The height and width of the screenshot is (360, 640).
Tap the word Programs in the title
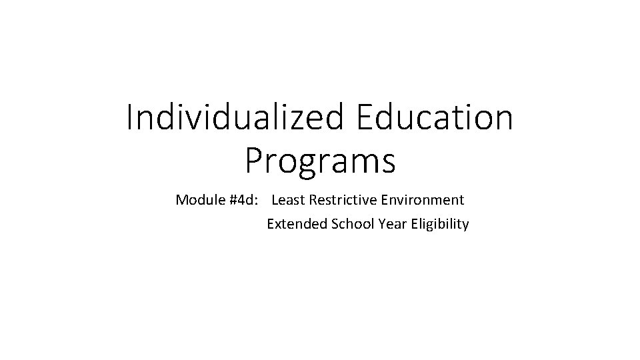tap(319, 161)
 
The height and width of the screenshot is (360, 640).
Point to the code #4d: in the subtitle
tap(243, 199)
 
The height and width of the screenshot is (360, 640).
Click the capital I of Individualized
tap(130, 118)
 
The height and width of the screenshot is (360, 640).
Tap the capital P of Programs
tap(255, 161)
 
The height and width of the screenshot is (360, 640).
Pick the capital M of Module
tap(181, 199)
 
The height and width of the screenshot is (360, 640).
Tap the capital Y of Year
tap(381, 224)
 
